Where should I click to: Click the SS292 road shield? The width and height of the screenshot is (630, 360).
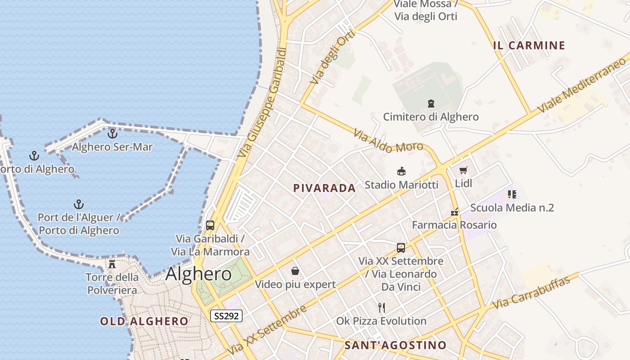(226, 316)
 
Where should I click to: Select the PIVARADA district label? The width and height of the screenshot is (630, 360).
(324, 188)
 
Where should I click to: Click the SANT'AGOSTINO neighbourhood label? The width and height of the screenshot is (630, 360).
(396, 345)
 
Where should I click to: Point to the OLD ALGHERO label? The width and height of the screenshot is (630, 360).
(144, 321)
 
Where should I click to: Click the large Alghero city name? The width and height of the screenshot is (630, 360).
(198, 274)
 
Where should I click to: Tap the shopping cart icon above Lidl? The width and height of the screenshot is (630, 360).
(463, 171)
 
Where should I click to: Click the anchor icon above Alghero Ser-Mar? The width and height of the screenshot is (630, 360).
(112, 134)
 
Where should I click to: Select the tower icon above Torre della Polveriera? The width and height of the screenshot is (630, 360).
(112, 264)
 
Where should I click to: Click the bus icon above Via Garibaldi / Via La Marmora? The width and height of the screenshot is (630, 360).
(210, 225)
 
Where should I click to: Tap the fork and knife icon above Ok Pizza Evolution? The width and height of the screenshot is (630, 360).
(382, 308)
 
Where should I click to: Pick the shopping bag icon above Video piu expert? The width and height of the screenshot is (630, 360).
(295, 271)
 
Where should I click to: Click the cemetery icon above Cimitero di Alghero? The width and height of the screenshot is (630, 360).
(431, 103)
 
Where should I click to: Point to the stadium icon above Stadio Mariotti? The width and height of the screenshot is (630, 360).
(401, 171)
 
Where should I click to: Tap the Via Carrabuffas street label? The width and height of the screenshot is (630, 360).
(531, 292)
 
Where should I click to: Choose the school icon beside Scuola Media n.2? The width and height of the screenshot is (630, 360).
(512, 194)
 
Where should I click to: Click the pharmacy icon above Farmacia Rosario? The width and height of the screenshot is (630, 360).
(454, 211)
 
